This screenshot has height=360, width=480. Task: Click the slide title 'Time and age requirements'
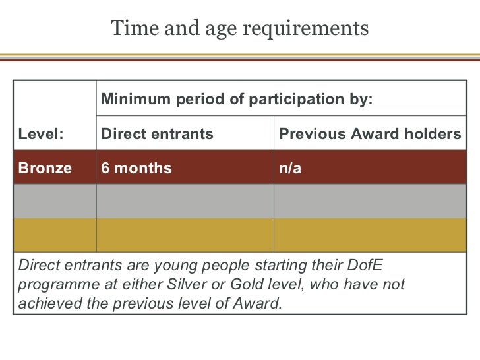tap(240, 29)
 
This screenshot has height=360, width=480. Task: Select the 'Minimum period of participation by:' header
tap(237, 100)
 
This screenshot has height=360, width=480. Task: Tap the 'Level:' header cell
tap(42, 135)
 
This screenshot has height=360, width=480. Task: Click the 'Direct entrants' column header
tap(157, 135)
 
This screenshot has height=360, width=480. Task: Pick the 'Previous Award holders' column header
tap(370, 135)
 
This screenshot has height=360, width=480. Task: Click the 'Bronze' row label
tap(45, 168)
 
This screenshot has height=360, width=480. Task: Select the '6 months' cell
tap(136, 168)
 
